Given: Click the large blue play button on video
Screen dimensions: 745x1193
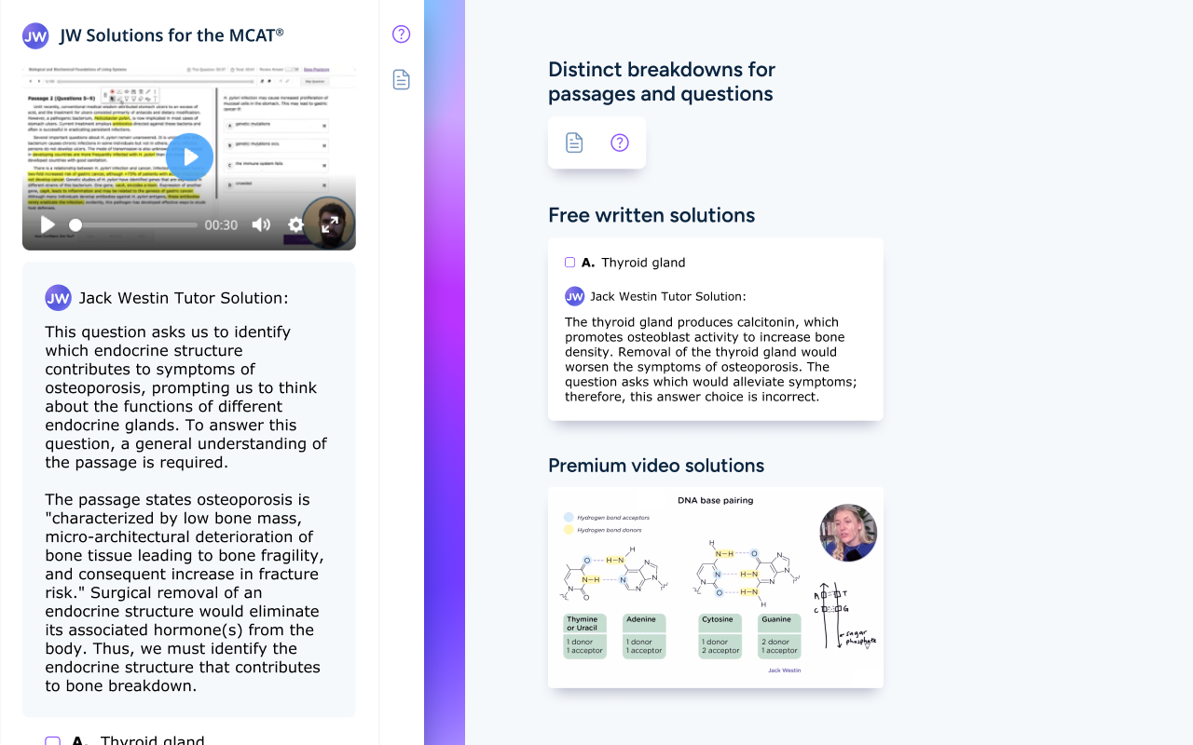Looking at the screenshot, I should pos(191,156).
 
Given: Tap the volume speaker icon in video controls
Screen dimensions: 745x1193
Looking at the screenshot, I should pos(261,224).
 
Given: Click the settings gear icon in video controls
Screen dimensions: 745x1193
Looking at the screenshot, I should pos(295,224).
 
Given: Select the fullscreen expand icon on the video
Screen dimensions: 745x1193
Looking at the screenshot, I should pos(330,224).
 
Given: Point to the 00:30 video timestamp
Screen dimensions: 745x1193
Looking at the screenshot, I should pos(221,225).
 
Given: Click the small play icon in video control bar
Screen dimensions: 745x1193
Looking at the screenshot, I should pos(48,224).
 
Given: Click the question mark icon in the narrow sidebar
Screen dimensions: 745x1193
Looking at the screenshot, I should pos(401,34).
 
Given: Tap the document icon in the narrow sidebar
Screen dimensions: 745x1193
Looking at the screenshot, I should pos(401,79).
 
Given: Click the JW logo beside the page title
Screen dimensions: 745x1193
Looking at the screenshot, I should pos(35,36).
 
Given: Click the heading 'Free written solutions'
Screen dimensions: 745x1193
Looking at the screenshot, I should pos(651,215).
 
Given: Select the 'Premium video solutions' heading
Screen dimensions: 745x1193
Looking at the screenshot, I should pos(656,466).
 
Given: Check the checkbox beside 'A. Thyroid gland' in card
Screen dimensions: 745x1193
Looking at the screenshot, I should pos(570,263).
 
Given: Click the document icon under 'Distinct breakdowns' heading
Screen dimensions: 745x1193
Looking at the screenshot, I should pos(574,142).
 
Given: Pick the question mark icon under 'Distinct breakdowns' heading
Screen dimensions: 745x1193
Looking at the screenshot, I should pos(620,142).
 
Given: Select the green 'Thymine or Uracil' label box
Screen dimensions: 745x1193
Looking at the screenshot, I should pos(584,623).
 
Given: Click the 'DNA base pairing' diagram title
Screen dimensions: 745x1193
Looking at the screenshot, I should pos(715,500).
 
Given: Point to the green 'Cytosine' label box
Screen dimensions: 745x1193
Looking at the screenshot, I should pos(719,620).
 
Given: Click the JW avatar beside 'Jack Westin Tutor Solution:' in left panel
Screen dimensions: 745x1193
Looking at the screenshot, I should pos(58,298).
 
